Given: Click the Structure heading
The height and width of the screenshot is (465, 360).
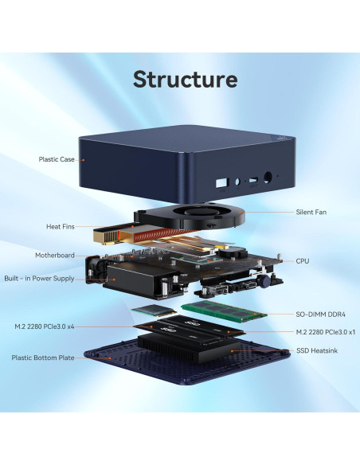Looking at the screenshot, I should [184, 80].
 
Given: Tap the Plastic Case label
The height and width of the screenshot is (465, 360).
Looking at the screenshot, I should [57, 159].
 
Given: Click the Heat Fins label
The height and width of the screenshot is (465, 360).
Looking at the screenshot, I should [61, 227].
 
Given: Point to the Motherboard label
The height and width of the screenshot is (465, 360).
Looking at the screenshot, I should [55, 256].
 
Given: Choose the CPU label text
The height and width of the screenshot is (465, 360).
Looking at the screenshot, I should [303, 260].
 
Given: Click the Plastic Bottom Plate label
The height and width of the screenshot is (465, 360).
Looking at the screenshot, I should [43, 358].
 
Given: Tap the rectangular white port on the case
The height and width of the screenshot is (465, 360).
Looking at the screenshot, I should [221, 182].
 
